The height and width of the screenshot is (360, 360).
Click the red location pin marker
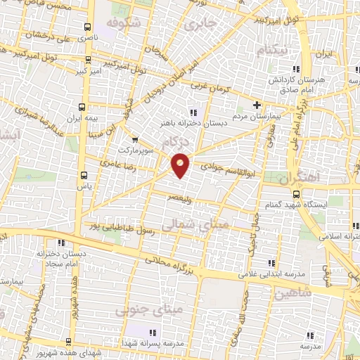pos(181,165)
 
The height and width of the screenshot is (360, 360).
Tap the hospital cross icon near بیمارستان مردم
pos(257,104)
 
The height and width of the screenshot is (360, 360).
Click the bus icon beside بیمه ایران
pos(83,108)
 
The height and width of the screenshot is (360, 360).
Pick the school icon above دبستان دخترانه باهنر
pos(193,112)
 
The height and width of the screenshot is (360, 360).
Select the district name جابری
pos(202,23)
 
